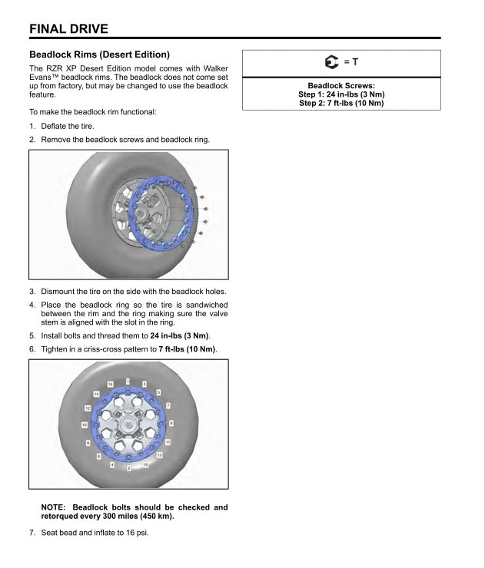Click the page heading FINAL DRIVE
pos(68,29)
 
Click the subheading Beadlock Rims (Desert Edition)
pos(98,55)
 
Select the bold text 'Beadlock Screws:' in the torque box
pos(340,86)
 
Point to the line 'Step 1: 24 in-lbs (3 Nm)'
pos(340,94)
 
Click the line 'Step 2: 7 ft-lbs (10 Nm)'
pos(340,103)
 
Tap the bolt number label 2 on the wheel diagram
pos(128,466)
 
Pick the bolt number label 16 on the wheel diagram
pos(111,383)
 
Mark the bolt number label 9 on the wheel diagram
pos(171,423)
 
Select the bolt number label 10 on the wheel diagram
pos(84,424)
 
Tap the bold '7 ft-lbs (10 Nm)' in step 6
pos(188,349)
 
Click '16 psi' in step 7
pos(136,532)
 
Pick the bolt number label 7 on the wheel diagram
pos(168,404)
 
